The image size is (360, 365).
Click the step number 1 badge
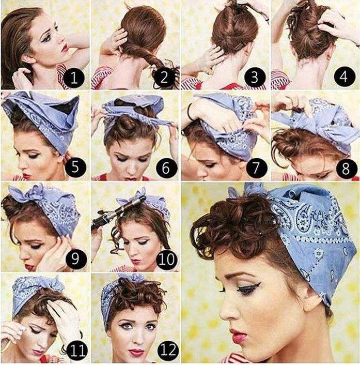pos(74,78)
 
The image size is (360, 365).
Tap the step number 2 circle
pos(164,78)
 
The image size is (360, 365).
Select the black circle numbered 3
pos(255,77)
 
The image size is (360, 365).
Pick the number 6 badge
pos(166,168)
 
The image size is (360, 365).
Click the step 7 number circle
pos(256,168)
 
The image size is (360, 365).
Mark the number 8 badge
pos(346,168)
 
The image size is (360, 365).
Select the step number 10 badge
pos(166,258)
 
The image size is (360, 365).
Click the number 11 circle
pos(77,350)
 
